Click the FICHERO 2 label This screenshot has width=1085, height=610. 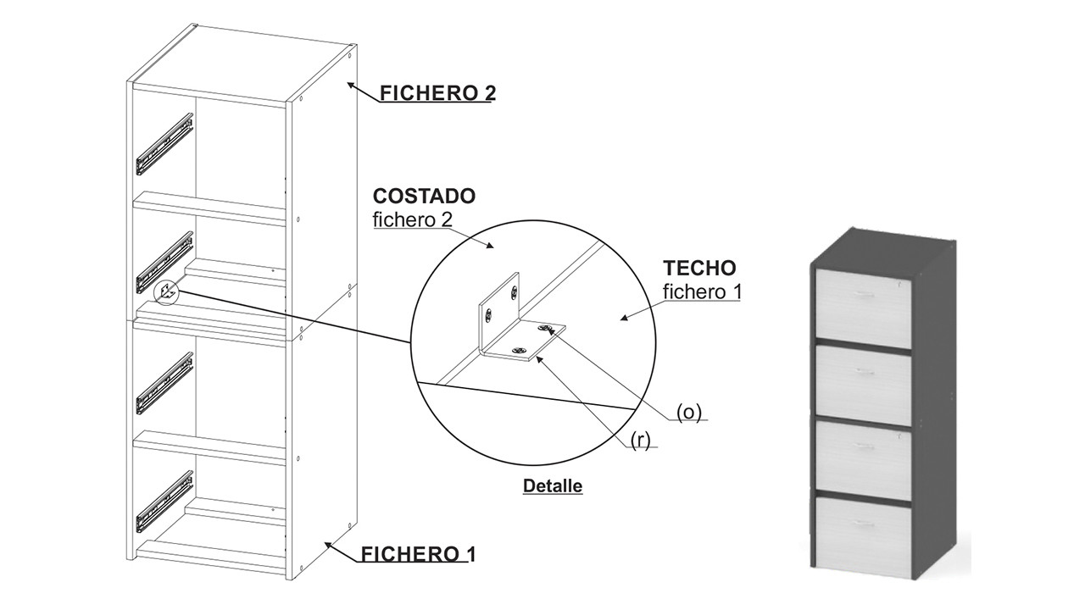(x=437, y=93)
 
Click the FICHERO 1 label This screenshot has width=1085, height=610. (x=418, y=555)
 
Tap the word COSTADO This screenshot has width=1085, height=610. (x=424, y=197)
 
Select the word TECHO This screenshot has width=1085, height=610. (x=699, y=269)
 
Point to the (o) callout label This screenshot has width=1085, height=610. (x=688, y=412)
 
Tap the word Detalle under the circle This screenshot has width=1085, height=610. (x=553, y=486)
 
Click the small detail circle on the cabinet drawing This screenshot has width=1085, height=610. (x=167, y=291)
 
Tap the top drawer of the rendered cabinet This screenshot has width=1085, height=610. (x=863, y=302)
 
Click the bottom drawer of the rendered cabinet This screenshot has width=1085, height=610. (x=863, y=535)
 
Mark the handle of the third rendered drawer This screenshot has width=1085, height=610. (x=863, y=446)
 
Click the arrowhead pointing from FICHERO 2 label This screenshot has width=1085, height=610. (x=350, y=84)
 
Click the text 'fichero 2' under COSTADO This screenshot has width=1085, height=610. (x=412, y=220)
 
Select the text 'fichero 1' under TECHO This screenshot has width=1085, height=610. (x=702, y=292)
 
